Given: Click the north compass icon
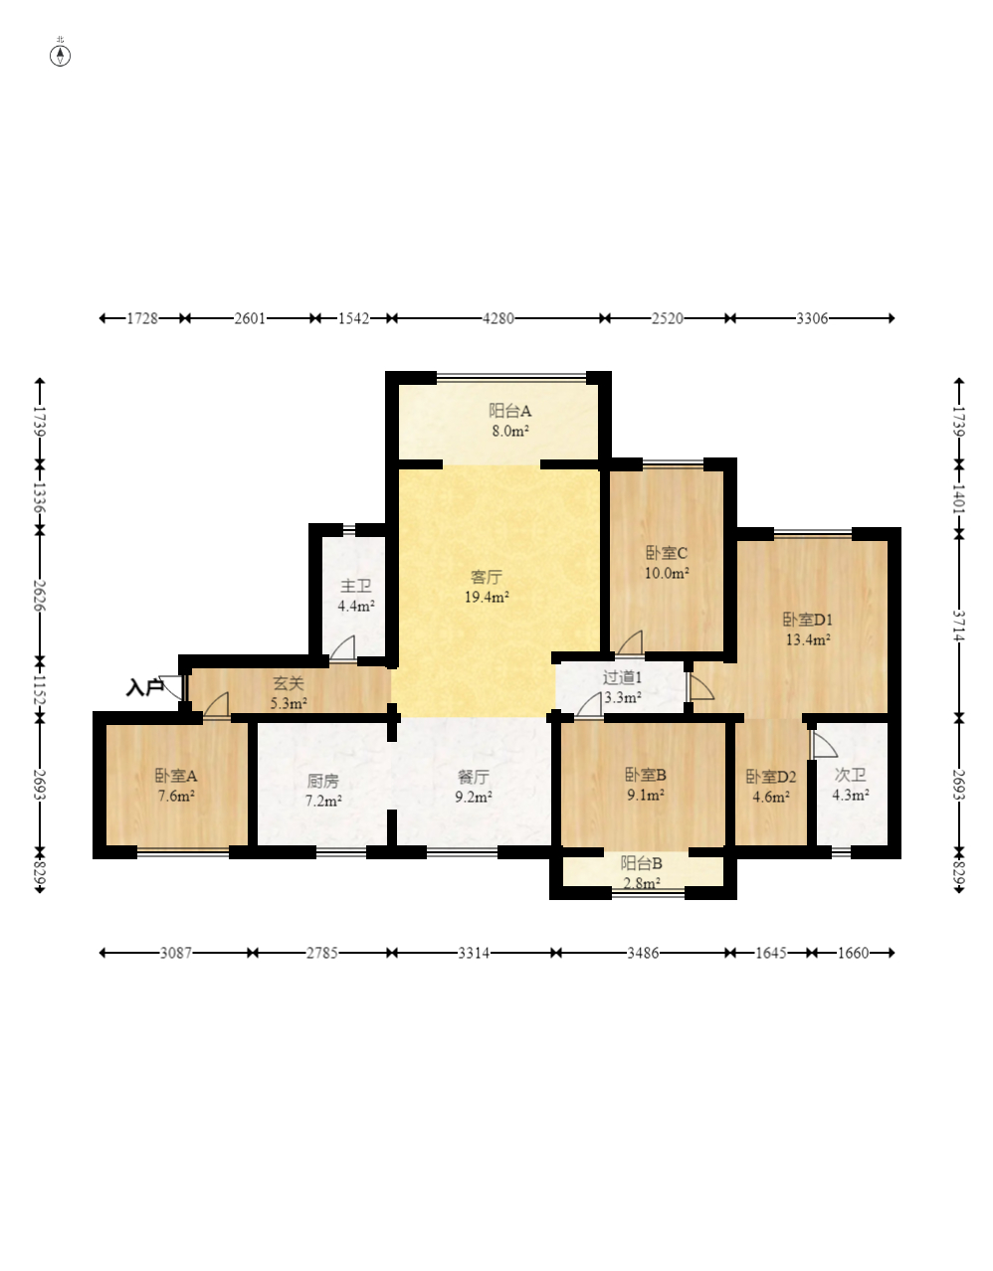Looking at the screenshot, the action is point(60,56).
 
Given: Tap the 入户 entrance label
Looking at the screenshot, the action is point(144,688).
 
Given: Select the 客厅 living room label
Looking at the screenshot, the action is point(487,577).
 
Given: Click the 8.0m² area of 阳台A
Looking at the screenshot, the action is point(510,431).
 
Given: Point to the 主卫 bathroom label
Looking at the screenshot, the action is point(356,586).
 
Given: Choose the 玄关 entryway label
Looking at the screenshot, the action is point(289,684).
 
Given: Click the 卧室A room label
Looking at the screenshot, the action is point(175,776).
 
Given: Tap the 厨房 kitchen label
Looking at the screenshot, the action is point(323,781).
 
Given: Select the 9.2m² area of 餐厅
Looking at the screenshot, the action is point(474,797).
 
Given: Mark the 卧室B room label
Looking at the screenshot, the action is point(646,775).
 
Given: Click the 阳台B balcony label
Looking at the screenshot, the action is point(642,863).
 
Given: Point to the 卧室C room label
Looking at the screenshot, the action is point(667,553).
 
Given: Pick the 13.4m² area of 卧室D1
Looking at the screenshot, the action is point(808,639).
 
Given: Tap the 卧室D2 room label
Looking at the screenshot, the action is point(771,777).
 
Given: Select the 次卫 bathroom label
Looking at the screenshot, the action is point(851,775).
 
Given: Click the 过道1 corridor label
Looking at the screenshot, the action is point(622,677).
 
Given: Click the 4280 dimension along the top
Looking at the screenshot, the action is point(497,318).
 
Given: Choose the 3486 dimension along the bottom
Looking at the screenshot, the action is point(643,953).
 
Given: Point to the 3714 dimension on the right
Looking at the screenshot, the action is point(959,626).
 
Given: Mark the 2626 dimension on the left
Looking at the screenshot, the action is point(40,596).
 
